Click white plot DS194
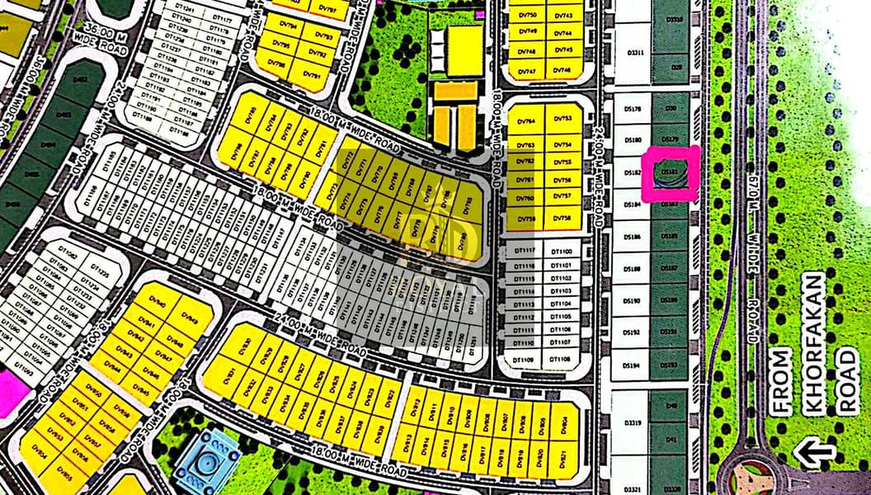(632, 365)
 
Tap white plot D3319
(632, 422)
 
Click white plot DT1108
(560, 360)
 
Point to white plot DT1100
(561, 250)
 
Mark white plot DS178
(633, 108)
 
